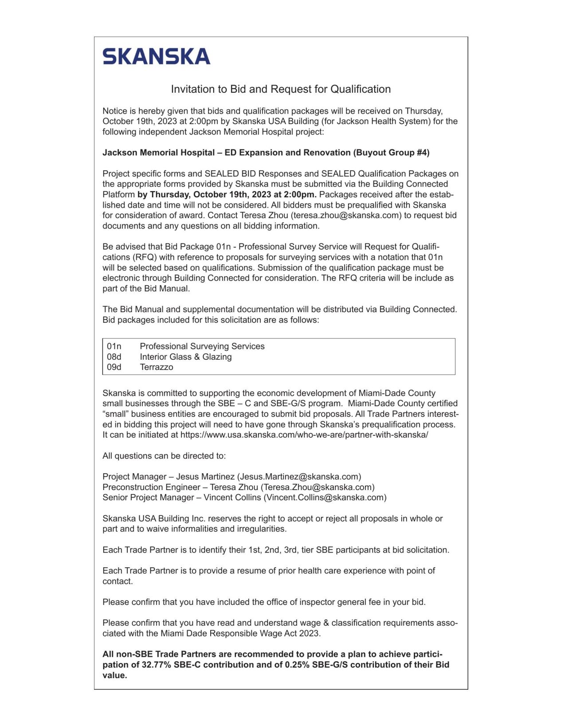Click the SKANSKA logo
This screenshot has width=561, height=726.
(156, 56)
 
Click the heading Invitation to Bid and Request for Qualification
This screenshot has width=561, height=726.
(280, 89)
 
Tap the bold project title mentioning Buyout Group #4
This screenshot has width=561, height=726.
(266, 153)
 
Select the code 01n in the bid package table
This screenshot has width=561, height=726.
(114, 346)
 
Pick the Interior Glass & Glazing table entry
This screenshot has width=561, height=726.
(185, 357)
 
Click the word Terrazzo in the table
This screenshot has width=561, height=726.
(156, 367)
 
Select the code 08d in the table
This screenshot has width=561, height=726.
(114, 357)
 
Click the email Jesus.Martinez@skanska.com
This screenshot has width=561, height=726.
(299, 477)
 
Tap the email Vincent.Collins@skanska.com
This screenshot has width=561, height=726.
(325, 498)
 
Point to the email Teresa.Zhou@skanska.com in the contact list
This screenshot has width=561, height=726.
(318, 487)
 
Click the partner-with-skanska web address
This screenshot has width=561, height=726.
(304, 435)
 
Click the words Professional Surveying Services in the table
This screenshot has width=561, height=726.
(202, 346)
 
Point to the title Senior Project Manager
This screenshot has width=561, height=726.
(148, 498)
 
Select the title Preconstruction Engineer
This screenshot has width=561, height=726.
(151, 487)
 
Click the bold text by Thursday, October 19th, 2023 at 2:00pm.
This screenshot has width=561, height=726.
(227, 195)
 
